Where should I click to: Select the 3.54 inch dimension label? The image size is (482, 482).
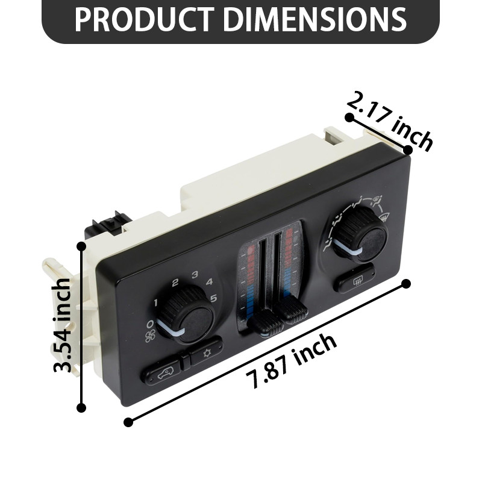click(63, 325)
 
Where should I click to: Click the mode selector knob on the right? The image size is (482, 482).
click(360, 236)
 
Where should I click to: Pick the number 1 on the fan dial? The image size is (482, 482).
click(155, 302)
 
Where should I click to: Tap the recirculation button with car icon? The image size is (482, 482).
click(161, 374)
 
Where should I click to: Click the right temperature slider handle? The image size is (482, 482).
click(293, 311)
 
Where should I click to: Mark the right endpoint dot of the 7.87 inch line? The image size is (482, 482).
click(406, 283)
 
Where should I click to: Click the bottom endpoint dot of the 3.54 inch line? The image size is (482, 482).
click(81, 408)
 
